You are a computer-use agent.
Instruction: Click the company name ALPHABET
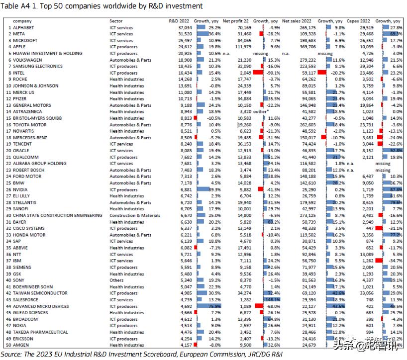[x=23, y=27]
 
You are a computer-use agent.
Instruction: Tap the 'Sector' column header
[x=116, y=21]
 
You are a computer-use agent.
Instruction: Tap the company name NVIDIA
[x=21, y=189]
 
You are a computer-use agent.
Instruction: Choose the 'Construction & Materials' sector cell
[x=135, y=215]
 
